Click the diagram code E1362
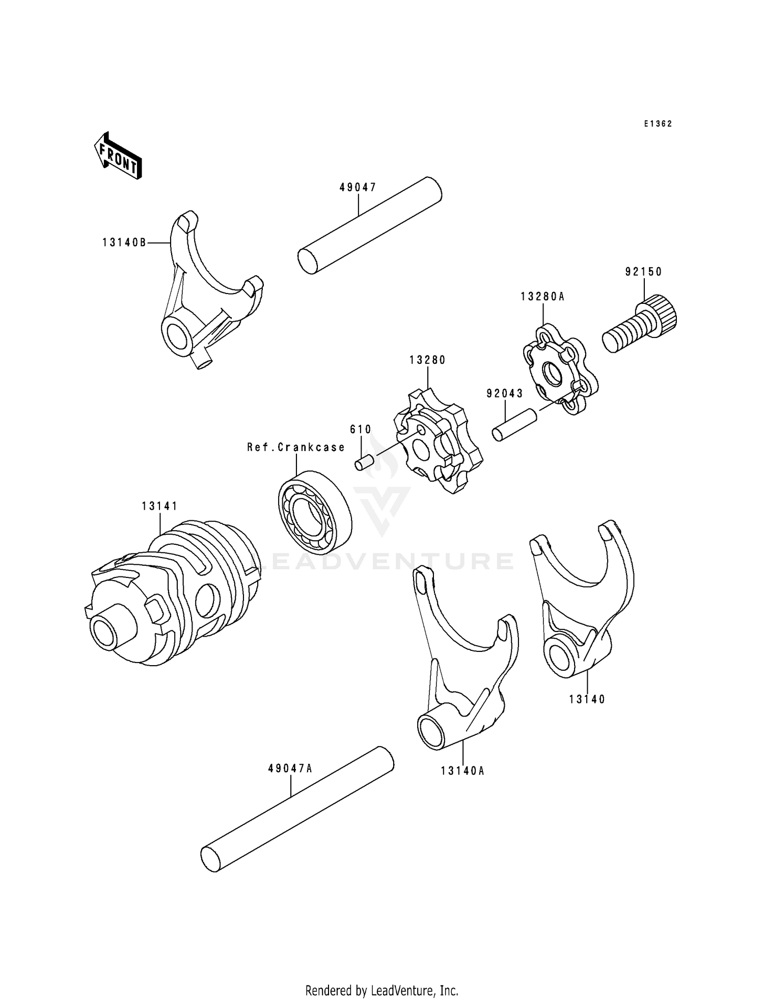pos(658,124)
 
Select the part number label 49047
pos(358,188)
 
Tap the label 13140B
pos(124,243)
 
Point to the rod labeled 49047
pos(370,225)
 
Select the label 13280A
pos(542,297)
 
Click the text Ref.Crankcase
pos(296,448)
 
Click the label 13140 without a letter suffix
pos(587,699)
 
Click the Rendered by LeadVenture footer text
pos(381,990)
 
